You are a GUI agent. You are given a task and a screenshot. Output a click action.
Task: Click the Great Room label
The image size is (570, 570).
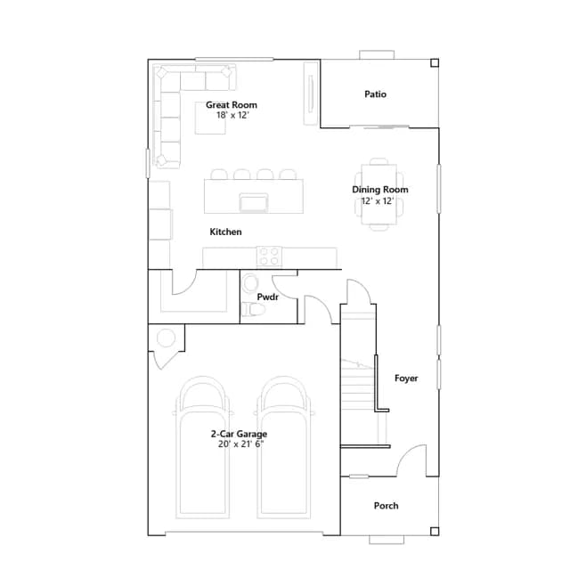[x=232, y=105]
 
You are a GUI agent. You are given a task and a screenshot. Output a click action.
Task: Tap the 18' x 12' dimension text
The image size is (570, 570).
[x=232, y=115]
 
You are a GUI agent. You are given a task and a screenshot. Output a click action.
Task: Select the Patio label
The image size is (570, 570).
[x=375, y=94]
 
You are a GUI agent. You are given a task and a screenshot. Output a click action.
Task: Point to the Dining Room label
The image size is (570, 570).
[x=380, y=190]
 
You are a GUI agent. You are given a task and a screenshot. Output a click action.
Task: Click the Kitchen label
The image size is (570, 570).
[x=225, y=232]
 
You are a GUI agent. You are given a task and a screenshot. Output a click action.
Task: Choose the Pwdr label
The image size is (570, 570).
[x=267, y=297]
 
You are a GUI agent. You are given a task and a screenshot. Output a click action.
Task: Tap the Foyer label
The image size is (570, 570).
[x=406, y=379]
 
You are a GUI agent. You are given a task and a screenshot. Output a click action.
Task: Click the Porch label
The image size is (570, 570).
[x=386, y=506]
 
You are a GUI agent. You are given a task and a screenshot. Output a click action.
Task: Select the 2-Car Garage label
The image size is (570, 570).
[x=239, y=434]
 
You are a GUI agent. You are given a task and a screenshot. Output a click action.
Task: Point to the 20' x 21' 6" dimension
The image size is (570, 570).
[x=240, y=444]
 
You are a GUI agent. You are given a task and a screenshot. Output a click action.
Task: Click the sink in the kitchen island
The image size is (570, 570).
[x=254, y=202]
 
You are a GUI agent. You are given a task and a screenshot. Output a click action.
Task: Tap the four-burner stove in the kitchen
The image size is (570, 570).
[x=269, y=256]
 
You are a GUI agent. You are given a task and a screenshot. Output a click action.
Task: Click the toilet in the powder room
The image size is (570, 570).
[x=253, y=310]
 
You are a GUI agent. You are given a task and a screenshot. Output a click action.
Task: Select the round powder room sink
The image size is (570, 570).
[x=250, y=282]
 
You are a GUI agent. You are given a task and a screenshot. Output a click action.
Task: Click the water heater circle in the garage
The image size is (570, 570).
[x=166, y=338]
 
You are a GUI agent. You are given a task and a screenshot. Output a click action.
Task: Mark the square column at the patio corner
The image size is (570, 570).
[x=435, y=63]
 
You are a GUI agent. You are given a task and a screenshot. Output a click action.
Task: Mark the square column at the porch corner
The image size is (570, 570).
[x=435, y=532]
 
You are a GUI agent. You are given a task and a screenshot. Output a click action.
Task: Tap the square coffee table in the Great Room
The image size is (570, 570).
[x=210, y=118]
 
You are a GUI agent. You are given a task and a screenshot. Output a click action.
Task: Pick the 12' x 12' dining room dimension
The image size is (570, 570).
[x=378, y=201]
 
